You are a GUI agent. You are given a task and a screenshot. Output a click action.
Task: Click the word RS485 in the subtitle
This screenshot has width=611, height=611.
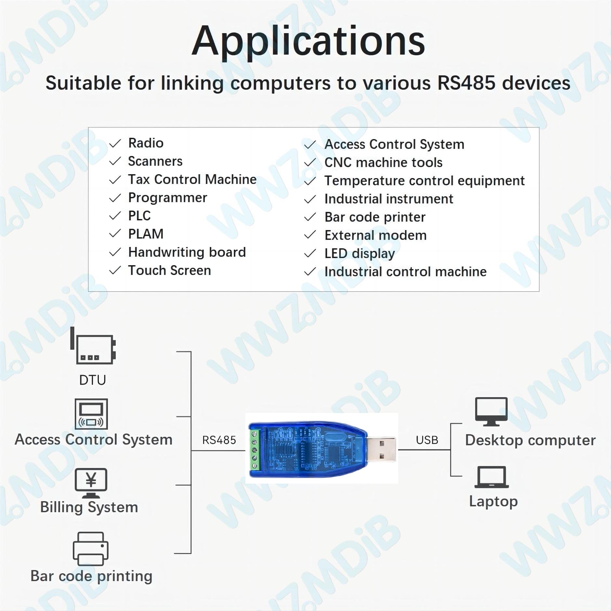coord(466,83)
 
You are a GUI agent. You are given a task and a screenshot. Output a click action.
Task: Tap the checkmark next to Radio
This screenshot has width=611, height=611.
coord(115,143)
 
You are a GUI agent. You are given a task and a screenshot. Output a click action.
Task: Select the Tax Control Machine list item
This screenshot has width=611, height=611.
coord(192,179)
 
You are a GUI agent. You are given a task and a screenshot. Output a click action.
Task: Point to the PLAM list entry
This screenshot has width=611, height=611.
coord(146,234)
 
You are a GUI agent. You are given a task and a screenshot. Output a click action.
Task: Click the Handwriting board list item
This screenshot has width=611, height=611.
coord(187,252)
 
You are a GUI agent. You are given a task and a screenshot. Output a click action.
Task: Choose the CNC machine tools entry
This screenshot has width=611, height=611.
coord(383,162)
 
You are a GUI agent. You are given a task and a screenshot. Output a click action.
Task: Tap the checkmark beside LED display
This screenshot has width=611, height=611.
coord(310,253)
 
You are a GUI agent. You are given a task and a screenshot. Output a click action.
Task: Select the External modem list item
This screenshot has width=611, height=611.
coord(375,235)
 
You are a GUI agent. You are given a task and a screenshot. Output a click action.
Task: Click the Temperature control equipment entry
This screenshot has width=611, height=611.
coord(424,181)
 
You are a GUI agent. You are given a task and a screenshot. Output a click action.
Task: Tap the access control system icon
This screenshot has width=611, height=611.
coord(91,414)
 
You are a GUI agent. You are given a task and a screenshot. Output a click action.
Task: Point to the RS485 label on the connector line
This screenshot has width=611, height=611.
coord(219,440)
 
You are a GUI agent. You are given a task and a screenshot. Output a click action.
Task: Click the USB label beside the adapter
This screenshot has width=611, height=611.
coord(427,440)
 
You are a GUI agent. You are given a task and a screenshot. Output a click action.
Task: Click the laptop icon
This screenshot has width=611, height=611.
coord(491,477)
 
